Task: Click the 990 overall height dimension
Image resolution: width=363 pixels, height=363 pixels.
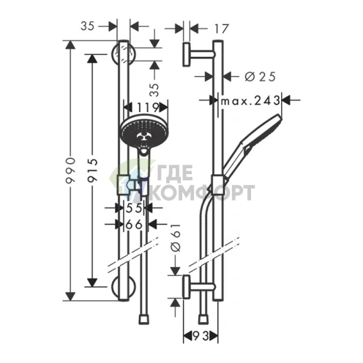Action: coord(70,171)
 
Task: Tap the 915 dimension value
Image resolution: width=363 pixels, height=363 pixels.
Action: coord(92,171)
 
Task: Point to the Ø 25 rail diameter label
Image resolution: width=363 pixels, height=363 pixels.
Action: coord(260,77)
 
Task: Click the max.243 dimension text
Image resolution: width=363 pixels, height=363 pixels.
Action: coord(250,100)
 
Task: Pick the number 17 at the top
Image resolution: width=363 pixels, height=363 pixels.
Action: coord(222,29)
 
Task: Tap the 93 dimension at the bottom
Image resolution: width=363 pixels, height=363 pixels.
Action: coord(201,337)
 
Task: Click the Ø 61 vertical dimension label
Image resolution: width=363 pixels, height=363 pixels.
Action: coord(176,238)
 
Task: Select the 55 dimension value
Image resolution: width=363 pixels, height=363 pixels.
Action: coord(134,208)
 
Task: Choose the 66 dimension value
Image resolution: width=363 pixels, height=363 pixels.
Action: coord(134,225)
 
